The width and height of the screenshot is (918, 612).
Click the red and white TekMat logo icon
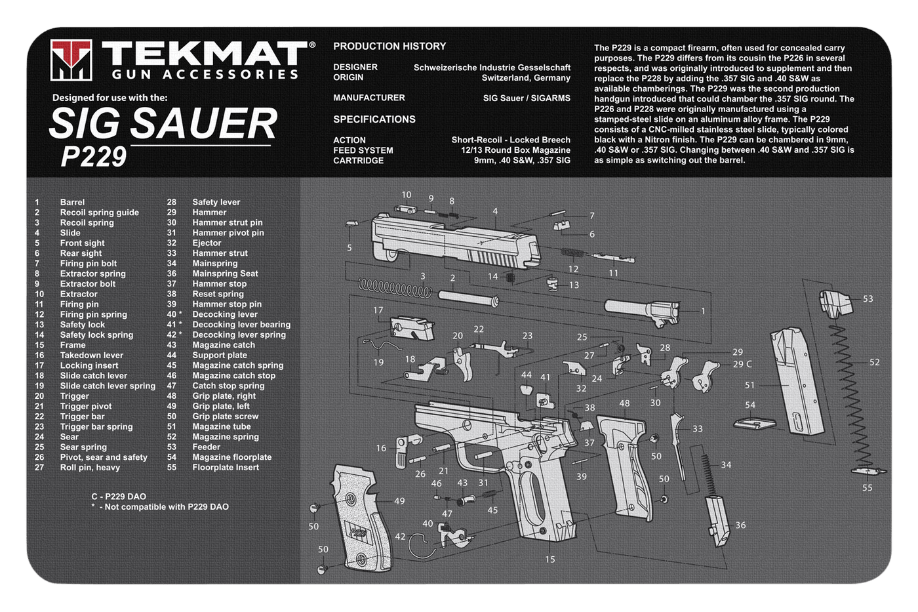71,60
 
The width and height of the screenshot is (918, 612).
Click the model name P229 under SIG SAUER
93,157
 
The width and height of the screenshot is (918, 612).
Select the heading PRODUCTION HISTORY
389,47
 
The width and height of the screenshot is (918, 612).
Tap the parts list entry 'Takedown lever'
91,356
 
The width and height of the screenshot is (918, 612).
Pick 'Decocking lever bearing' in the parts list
241,325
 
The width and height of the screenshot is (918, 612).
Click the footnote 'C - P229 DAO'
119,497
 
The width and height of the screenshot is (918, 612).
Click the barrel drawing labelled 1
642,312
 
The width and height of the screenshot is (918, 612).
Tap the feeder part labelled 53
835,304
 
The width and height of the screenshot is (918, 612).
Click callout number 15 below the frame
549,559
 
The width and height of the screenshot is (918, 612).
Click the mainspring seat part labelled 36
717,521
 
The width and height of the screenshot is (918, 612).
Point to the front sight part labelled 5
351,224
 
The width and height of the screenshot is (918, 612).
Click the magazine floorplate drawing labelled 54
755,423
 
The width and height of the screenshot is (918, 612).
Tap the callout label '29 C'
742,364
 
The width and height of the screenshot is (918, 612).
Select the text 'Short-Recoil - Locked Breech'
511,140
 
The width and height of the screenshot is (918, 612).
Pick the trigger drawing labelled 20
463,364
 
